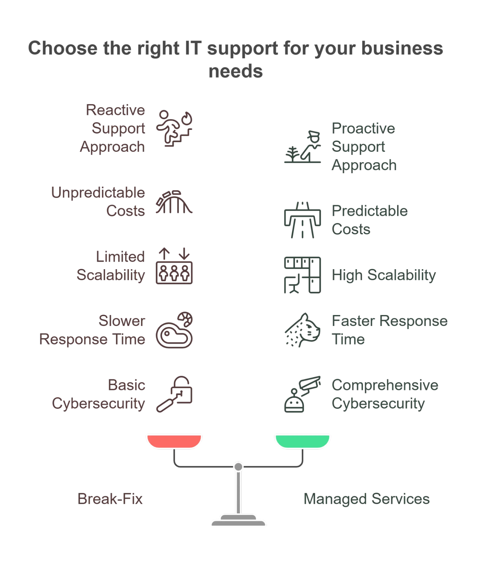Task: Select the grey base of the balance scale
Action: click(238, 520)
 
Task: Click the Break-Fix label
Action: click(110, 499)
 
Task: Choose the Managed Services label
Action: click(366, 499)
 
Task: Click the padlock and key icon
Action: click(174, 394)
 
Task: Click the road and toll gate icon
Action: click(302, 220)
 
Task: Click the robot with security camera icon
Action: click(302, 394)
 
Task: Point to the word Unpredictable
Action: click(98, 193)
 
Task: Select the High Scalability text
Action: click(384, 275)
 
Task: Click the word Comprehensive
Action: click(385, 385)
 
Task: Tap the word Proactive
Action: click(363, 128)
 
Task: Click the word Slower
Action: click(122, 321)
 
